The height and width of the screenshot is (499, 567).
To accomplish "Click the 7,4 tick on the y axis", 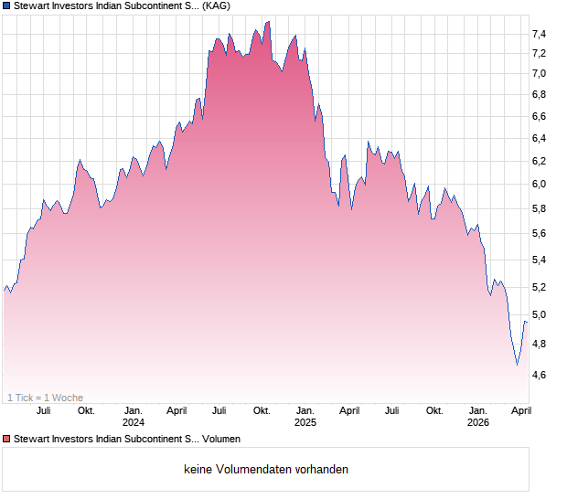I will pos(539,34).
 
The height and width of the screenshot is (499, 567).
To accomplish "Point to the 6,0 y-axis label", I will pos(539,184).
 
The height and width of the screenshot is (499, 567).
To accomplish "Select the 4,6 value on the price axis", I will pos(539,375).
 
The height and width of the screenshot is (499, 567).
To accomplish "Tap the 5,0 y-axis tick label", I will pos(539,314).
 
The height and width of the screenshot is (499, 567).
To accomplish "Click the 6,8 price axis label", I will pos(539,94).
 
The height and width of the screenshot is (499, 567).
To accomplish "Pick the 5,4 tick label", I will pos(539,260).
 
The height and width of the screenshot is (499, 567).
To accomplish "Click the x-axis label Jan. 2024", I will pos(134,416).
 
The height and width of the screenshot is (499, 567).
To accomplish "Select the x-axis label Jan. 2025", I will pos(305,416).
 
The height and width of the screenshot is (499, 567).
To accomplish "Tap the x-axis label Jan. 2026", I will pos(478,416).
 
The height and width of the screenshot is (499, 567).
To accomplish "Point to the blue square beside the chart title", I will pos(6,6).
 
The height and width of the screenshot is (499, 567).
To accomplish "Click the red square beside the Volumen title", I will pos(6,439).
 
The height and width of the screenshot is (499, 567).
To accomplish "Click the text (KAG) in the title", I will pos(216,6).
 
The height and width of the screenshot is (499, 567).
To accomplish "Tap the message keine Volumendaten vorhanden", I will pos(266,469).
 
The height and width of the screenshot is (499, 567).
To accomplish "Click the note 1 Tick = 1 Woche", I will pos(45,398).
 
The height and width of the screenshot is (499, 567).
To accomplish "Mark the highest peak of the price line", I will pos(267,21).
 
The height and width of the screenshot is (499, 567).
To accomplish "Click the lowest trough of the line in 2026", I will pos(517,365).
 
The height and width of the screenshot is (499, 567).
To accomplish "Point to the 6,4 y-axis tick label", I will pos(539,138).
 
